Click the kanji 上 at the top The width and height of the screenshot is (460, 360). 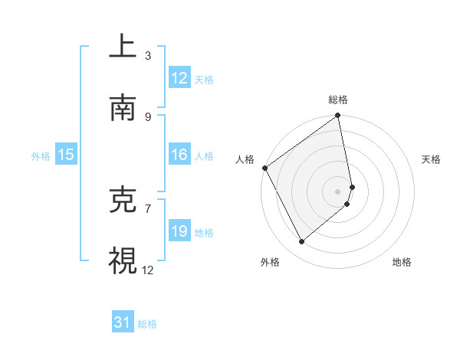[123, 47]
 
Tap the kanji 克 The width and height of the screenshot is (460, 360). [123, 200]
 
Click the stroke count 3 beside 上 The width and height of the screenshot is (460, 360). [148, 55]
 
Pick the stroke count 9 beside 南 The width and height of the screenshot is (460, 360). [148, 116]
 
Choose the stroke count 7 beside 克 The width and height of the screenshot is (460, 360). [148, 208]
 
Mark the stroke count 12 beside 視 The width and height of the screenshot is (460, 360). [148, 270]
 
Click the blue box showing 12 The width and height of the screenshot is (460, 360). [179, 78]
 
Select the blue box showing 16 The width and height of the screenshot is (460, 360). [179, 155]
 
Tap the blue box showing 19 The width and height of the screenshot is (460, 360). [179, 231]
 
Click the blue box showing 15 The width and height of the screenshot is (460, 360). [66, 155]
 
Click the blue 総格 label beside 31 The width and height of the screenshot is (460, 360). [147, 324]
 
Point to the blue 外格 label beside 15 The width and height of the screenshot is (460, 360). [41, 155]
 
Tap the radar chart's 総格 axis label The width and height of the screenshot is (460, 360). [338, 100]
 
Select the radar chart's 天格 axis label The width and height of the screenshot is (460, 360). [431, 159]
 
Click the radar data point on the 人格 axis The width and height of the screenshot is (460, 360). [264, 168]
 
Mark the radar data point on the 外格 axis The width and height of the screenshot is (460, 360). [301, 242]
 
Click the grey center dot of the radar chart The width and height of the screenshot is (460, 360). [338, 191]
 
